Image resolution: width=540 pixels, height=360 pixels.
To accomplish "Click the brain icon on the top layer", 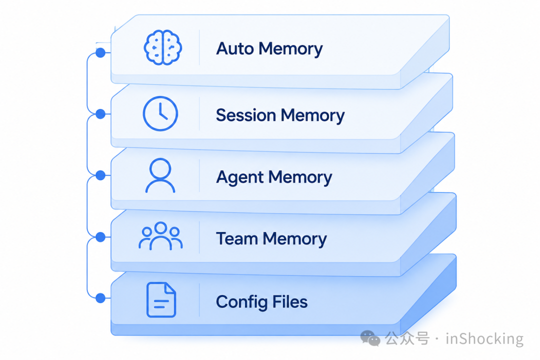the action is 163,47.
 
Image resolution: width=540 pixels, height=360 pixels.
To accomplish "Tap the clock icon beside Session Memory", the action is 160,113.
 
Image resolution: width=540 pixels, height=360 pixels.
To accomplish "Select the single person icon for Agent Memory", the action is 160,175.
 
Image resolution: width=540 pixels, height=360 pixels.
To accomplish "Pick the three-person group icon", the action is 160,236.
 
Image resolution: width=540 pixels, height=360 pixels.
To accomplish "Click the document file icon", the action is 161,299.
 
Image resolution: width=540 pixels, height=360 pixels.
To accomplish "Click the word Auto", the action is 235,48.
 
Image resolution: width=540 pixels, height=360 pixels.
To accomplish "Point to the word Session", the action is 246,115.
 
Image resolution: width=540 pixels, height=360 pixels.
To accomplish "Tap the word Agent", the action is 239,178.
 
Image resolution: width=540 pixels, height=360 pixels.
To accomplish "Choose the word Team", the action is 237,238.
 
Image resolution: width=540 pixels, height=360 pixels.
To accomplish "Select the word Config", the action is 242,302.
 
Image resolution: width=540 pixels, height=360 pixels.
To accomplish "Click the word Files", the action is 290,302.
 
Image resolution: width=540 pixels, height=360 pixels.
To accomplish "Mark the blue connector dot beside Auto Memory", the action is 100,52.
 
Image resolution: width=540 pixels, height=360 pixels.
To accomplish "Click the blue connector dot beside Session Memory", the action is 100,114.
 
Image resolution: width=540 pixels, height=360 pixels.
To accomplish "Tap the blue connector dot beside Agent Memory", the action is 100,175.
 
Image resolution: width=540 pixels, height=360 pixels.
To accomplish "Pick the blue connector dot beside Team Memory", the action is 100,237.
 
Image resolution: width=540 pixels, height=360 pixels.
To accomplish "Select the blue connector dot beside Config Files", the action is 100,298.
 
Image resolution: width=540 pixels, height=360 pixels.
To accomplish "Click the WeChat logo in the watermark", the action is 370,338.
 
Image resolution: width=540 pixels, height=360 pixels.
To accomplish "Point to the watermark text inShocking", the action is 484,338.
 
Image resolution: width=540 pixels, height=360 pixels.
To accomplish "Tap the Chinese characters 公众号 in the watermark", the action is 407,338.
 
